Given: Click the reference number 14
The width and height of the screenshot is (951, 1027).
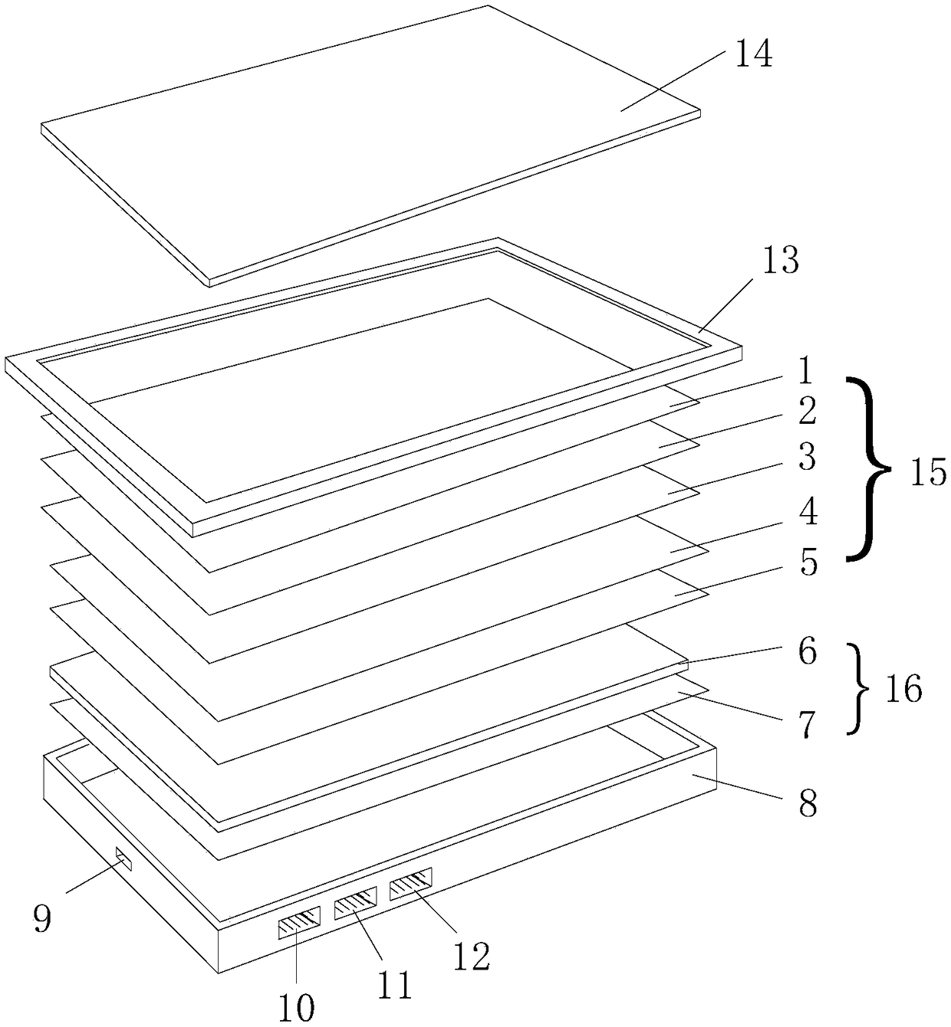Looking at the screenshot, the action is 753,55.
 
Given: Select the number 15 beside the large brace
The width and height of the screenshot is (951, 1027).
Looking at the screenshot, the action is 927,473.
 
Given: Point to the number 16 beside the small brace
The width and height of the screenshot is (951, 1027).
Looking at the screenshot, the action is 902,690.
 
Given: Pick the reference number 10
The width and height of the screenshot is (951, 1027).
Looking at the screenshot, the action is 295,1008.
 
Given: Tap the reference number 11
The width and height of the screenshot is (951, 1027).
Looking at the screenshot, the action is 393,985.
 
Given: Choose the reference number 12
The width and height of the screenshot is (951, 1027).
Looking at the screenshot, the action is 470,956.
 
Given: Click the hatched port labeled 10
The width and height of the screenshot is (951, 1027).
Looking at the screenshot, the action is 298,922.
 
